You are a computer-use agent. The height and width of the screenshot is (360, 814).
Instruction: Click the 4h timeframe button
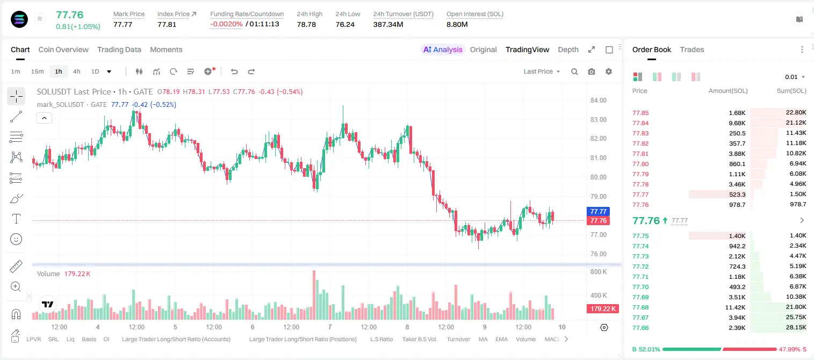pyautogui.click(x=76, y=71)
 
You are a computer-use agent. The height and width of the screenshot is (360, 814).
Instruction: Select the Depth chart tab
pyautogui.click(x=568, y=49)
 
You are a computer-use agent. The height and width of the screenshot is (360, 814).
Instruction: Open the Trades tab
pyautogui.click(x=692, y=49)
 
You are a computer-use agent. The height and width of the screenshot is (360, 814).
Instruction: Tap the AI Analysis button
pyautogui.click(x=443, y=49)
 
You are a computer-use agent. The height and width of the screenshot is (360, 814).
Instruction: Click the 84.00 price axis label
pyautogui.click(x=598, y=100)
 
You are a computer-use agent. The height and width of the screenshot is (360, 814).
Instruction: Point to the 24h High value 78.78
pyautogui.click(x=306, y=24)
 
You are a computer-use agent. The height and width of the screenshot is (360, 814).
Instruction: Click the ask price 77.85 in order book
pyautogui.click(x=640, y=113)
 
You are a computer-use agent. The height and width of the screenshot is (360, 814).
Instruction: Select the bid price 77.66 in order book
pyautogui.click(x=640, y=328)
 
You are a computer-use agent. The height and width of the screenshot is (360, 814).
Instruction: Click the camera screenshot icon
pyautogui.click(x=592, y=71)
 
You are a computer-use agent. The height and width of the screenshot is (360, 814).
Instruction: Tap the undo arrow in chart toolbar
pyautogui.click(x=234, y=71)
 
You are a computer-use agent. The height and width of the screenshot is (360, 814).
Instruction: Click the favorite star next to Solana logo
pyautogui.click(x=40, y=18)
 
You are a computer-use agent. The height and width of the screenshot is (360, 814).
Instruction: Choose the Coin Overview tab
pyautogui.click(x=63, y=49)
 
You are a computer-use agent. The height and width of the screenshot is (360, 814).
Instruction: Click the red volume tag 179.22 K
pyautogui.click(x=603, y=308)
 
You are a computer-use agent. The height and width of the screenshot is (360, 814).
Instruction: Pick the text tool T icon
pyautogui.click(x=16, y=219)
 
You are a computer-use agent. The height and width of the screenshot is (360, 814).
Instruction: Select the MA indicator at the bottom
pyautogui.click(x=483, y=339)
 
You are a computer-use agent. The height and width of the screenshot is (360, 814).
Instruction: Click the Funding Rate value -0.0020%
pyautogui.click(x=226, y=24)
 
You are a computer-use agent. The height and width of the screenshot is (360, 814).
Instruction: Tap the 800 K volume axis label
pyautogui.click(x=599, y=272)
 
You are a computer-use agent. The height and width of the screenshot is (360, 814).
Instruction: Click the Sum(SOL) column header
pyautogui.click(x=791, y=91)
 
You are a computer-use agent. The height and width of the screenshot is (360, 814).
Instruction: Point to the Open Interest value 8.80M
pyautogui.click(x=457, y=24)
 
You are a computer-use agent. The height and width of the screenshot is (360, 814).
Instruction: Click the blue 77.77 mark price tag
pyautogui.click(x=598, y=211)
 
